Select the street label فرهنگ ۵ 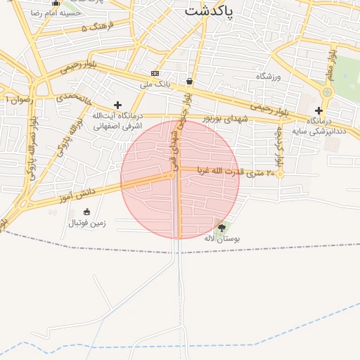point(95,27)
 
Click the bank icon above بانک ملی point(155,73)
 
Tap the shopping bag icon point(190,81)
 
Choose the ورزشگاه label point(268,76)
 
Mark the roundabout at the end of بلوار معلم point(326,92)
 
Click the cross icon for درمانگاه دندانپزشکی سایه point(319,110)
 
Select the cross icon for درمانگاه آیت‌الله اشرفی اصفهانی point(117,105)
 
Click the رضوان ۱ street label point(19,100)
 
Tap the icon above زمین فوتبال point(86,212)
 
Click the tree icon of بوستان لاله point(222,228)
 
